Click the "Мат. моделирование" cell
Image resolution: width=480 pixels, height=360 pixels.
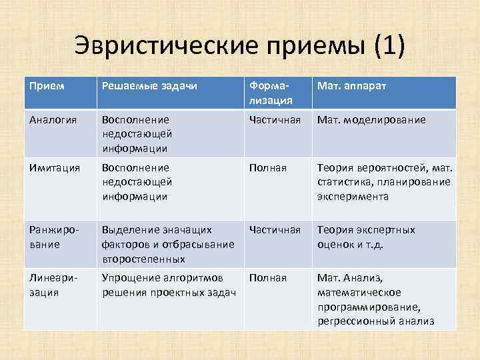coord(371,119)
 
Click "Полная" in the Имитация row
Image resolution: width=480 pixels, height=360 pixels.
coord(267,167)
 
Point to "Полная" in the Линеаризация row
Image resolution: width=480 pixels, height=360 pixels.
coord(267,277)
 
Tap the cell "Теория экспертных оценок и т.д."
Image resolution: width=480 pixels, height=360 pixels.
coord(366,237)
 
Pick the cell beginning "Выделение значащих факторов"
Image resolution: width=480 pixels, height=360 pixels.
coord(167,244)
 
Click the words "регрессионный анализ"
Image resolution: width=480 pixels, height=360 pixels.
coord(376,321)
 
